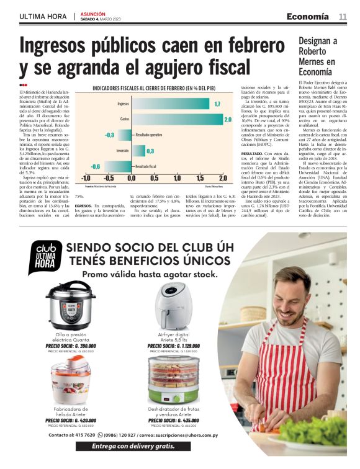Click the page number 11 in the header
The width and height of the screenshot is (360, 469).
[342, 16]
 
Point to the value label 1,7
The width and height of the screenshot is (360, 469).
[217, 104]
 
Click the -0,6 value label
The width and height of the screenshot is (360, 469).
[96, 166]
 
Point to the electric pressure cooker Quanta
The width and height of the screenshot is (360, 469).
[66, 306]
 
